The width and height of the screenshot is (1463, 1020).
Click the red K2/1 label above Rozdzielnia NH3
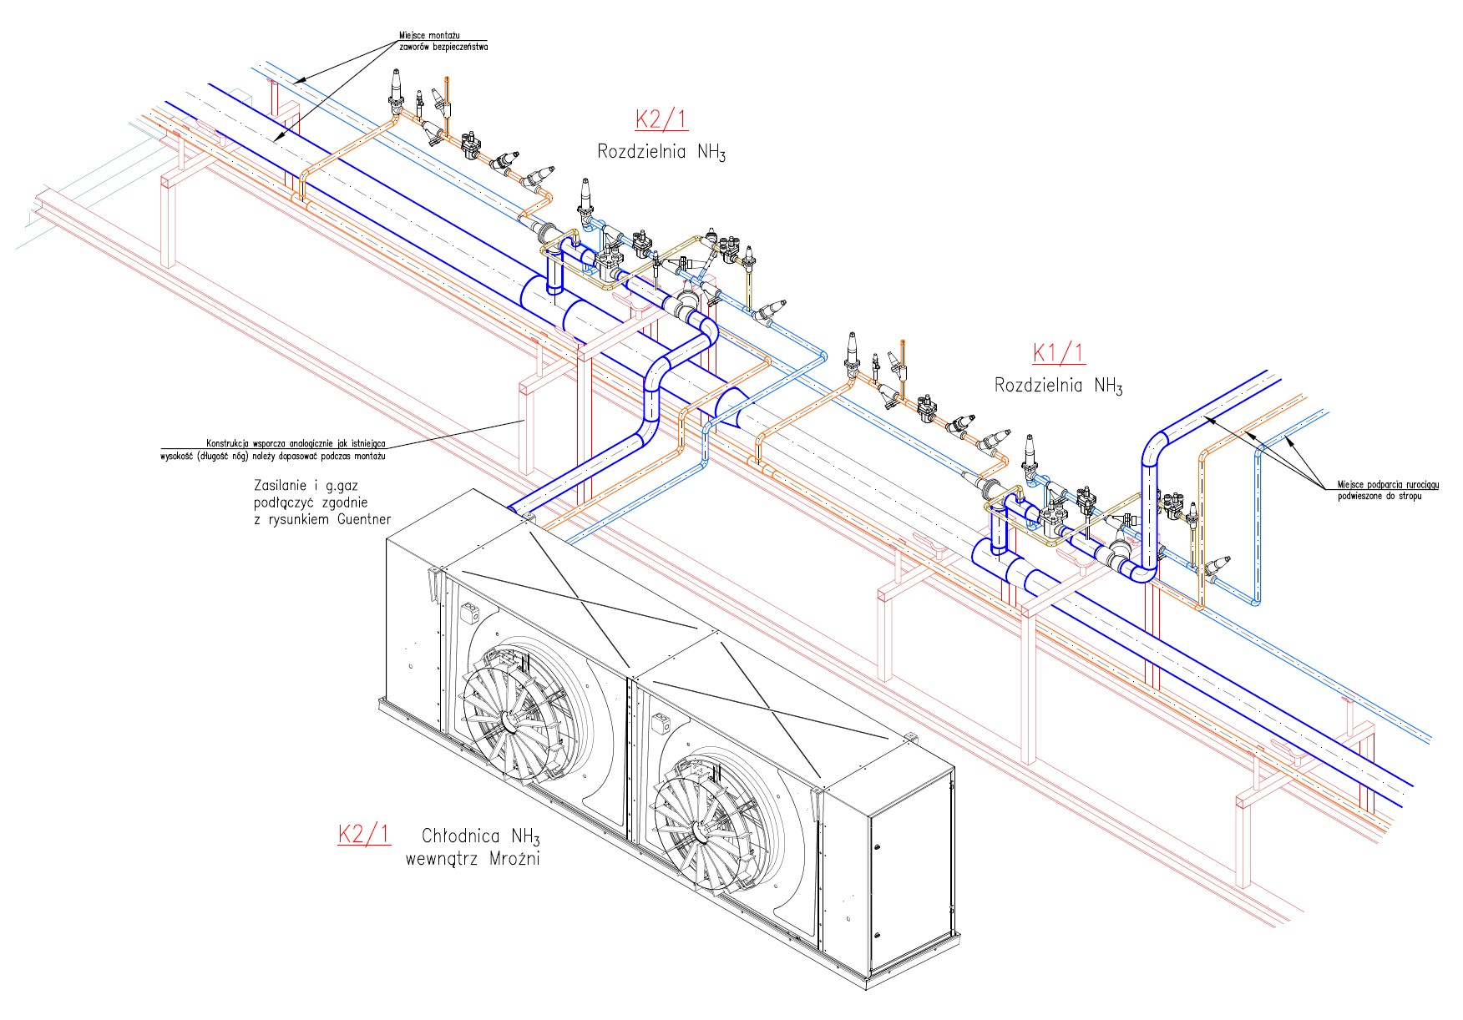[661, 119]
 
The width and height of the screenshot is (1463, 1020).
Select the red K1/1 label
[1058, 353]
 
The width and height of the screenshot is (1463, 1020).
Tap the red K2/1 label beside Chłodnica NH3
[363, 834]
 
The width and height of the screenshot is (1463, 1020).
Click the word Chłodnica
[461, 836]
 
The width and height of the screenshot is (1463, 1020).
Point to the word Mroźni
[512, 858]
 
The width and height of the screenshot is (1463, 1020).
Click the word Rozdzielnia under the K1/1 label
[1040, 386]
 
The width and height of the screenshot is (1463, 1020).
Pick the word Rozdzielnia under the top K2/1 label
[642, 152]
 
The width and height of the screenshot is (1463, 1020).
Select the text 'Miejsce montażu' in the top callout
[429, 36]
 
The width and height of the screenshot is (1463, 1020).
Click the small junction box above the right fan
[664, 721]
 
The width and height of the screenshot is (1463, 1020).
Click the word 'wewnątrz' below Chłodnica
[441, 858]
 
